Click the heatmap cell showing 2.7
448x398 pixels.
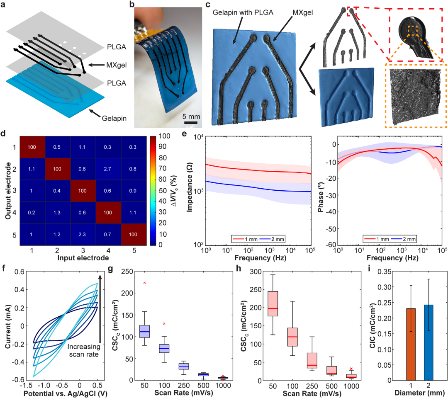point(107,169)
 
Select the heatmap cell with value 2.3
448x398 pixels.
point(82,234)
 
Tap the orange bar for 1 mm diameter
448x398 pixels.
point(411,345)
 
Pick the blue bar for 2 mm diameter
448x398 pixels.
point(429,342)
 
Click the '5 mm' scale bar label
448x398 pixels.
point(191,116)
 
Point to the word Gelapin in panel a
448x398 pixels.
point(114,118)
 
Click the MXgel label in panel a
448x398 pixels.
point(116,65)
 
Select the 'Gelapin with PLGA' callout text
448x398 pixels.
point(243,12)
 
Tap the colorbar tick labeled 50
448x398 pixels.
point(163,190)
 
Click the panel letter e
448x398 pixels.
point(184,133)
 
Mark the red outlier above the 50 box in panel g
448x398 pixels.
point(145,283)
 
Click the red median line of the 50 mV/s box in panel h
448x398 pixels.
point(273,308)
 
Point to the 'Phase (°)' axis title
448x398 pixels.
point(321,197)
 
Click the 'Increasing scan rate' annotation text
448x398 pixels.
point(84,351)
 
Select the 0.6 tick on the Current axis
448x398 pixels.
point(19,272)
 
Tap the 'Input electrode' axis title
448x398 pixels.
point(83,258)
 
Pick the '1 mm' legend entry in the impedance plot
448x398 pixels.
point(245,239)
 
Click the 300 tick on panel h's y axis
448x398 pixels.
point(256,272)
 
